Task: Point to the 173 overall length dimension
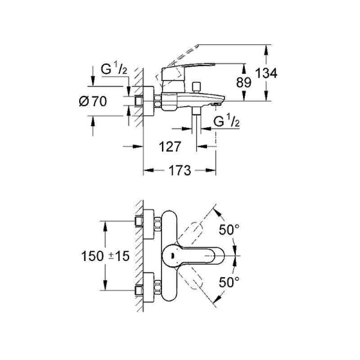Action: (x=178, y=171)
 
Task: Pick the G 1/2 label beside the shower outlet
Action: (x=227, y=122)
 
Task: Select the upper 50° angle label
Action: (x=229, y=229)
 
